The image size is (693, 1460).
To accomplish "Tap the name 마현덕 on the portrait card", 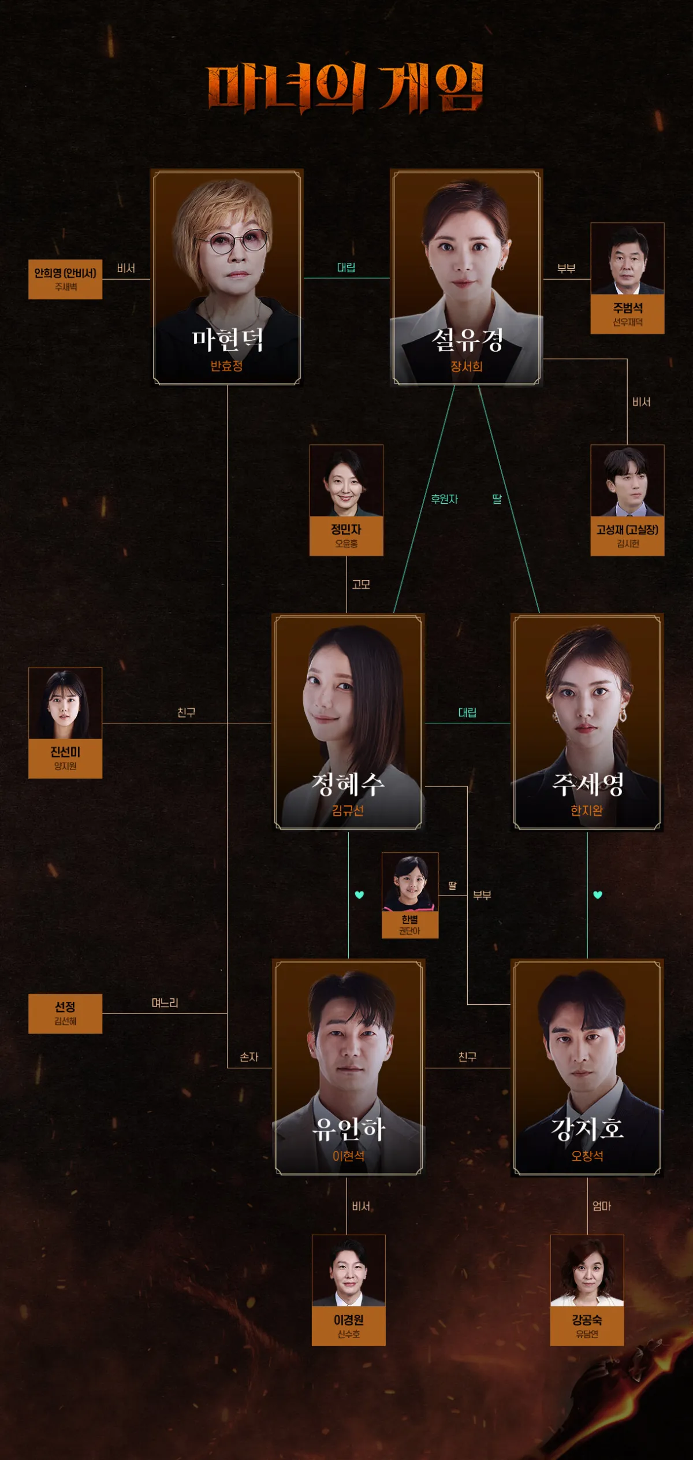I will pyautogui.click(x=227, y=340).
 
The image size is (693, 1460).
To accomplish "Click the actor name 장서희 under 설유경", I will pyautogui.click(x=466, y=366).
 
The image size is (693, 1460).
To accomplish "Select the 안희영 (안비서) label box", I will pyautogui.click(x=65, y=279).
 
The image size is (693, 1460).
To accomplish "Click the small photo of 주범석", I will pyautogui.click(x=627, y=259).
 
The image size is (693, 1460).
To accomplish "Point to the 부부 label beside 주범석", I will pyautogui.click(x=566, y=269).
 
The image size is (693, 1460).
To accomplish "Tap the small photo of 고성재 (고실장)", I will pyautogui.click(x=627, y=481).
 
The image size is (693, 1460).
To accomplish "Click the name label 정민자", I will pyautogui.click(x=346, y=529).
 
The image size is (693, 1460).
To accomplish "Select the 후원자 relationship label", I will pyautogui.click(x=444, y=499).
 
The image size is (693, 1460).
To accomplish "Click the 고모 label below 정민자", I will pyautogui.click(x=361, y=585).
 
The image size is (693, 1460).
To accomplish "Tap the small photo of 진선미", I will pyautogui.click(x=65, y=703).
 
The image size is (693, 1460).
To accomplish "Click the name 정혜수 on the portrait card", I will pyautogui.click(x=348, y=785).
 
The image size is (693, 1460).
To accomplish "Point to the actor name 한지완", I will pyautogui.click(x=587, y=811).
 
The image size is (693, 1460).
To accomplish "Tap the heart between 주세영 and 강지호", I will pyautogui.click(x=598, y=895).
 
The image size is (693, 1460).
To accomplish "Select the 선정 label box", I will pyautogui.click(x=65, y=1013).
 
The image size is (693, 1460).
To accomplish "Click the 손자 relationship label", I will pyautogui.click(x=249, y=1057).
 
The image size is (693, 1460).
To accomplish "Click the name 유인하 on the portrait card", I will pyautogui.click(x=348, y=1129).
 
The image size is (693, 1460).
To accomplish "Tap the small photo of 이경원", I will pyautogui.click(x=348, y=1271).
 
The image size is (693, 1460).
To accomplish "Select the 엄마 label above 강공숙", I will pyautogui.click(x=601, y=1206).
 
